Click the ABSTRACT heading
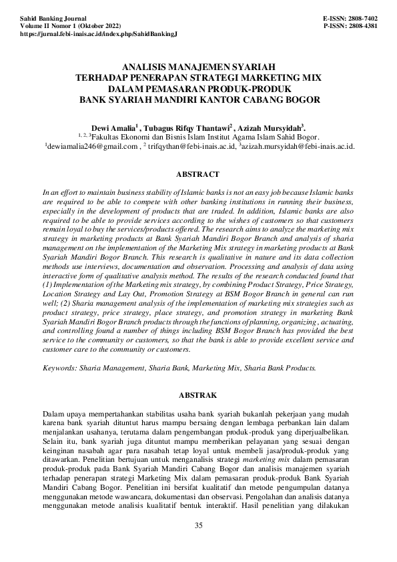[197, 174]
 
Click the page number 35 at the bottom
[198, 526]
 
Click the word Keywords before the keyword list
[59, 367]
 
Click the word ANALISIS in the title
[147, 67]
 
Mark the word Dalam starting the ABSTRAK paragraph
[53, 414]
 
